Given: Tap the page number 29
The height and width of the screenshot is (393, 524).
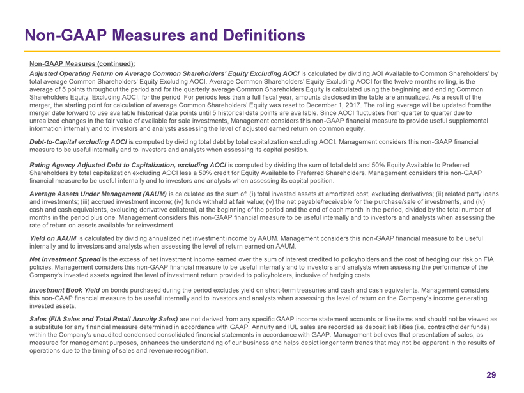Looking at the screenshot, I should (491, 375).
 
